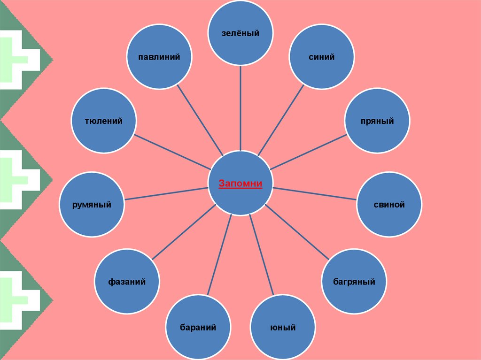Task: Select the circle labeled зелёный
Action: point(240,33)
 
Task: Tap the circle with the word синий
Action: point(321,56)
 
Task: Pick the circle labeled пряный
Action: point(377,121)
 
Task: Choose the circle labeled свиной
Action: point(389,204)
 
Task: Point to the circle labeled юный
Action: point(282,328)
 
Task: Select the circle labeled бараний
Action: point(198,328)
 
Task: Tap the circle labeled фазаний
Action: point(127,282)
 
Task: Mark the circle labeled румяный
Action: point(92,204)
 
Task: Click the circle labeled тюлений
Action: point(103,121)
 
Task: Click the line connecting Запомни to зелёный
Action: point(240,108)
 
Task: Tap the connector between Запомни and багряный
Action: point(297,232)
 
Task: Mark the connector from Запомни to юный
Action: point(262,256)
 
